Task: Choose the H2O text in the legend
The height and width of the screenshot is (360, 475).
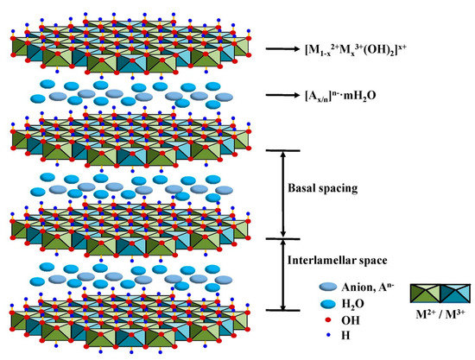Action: pos(332,304)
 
